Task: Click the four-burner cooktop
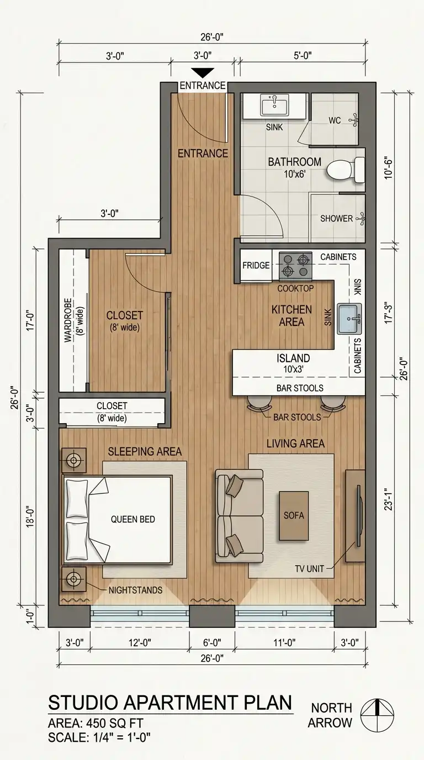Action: pyautogui.click(x=295, y=266)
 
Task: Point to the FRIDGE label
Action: pyautogui.click(x=256, y=265)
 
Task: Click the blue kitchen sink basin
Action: pyautogui.click(x=349, y=319)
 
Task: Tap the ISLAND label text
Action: pyautogui.click(x=293, y=358)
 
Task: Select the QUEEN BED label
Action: pyautogui.click(x=133, y=519)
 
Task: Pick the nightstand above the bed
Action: pyautogui.click(x=73, y=460)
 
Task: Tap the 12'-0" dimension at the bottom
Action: pyautogui.click(x=140, y=642)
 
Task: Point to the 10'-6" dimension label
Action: pyautogui.click(x=389, y=167)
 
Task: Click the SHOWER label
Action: pyautogui.click(x=336, y=218)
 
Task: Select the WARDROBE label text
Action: pyautogui.click(x=68, y=320)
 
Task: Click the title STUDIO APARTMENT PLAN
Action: pyautogui.click(x=170, y=703)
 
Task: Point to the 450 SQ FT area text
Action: pyautogui.click(x=115, y=724)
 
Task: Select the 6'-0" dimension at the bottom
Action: pyautogui.click(x=212, y=642)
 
